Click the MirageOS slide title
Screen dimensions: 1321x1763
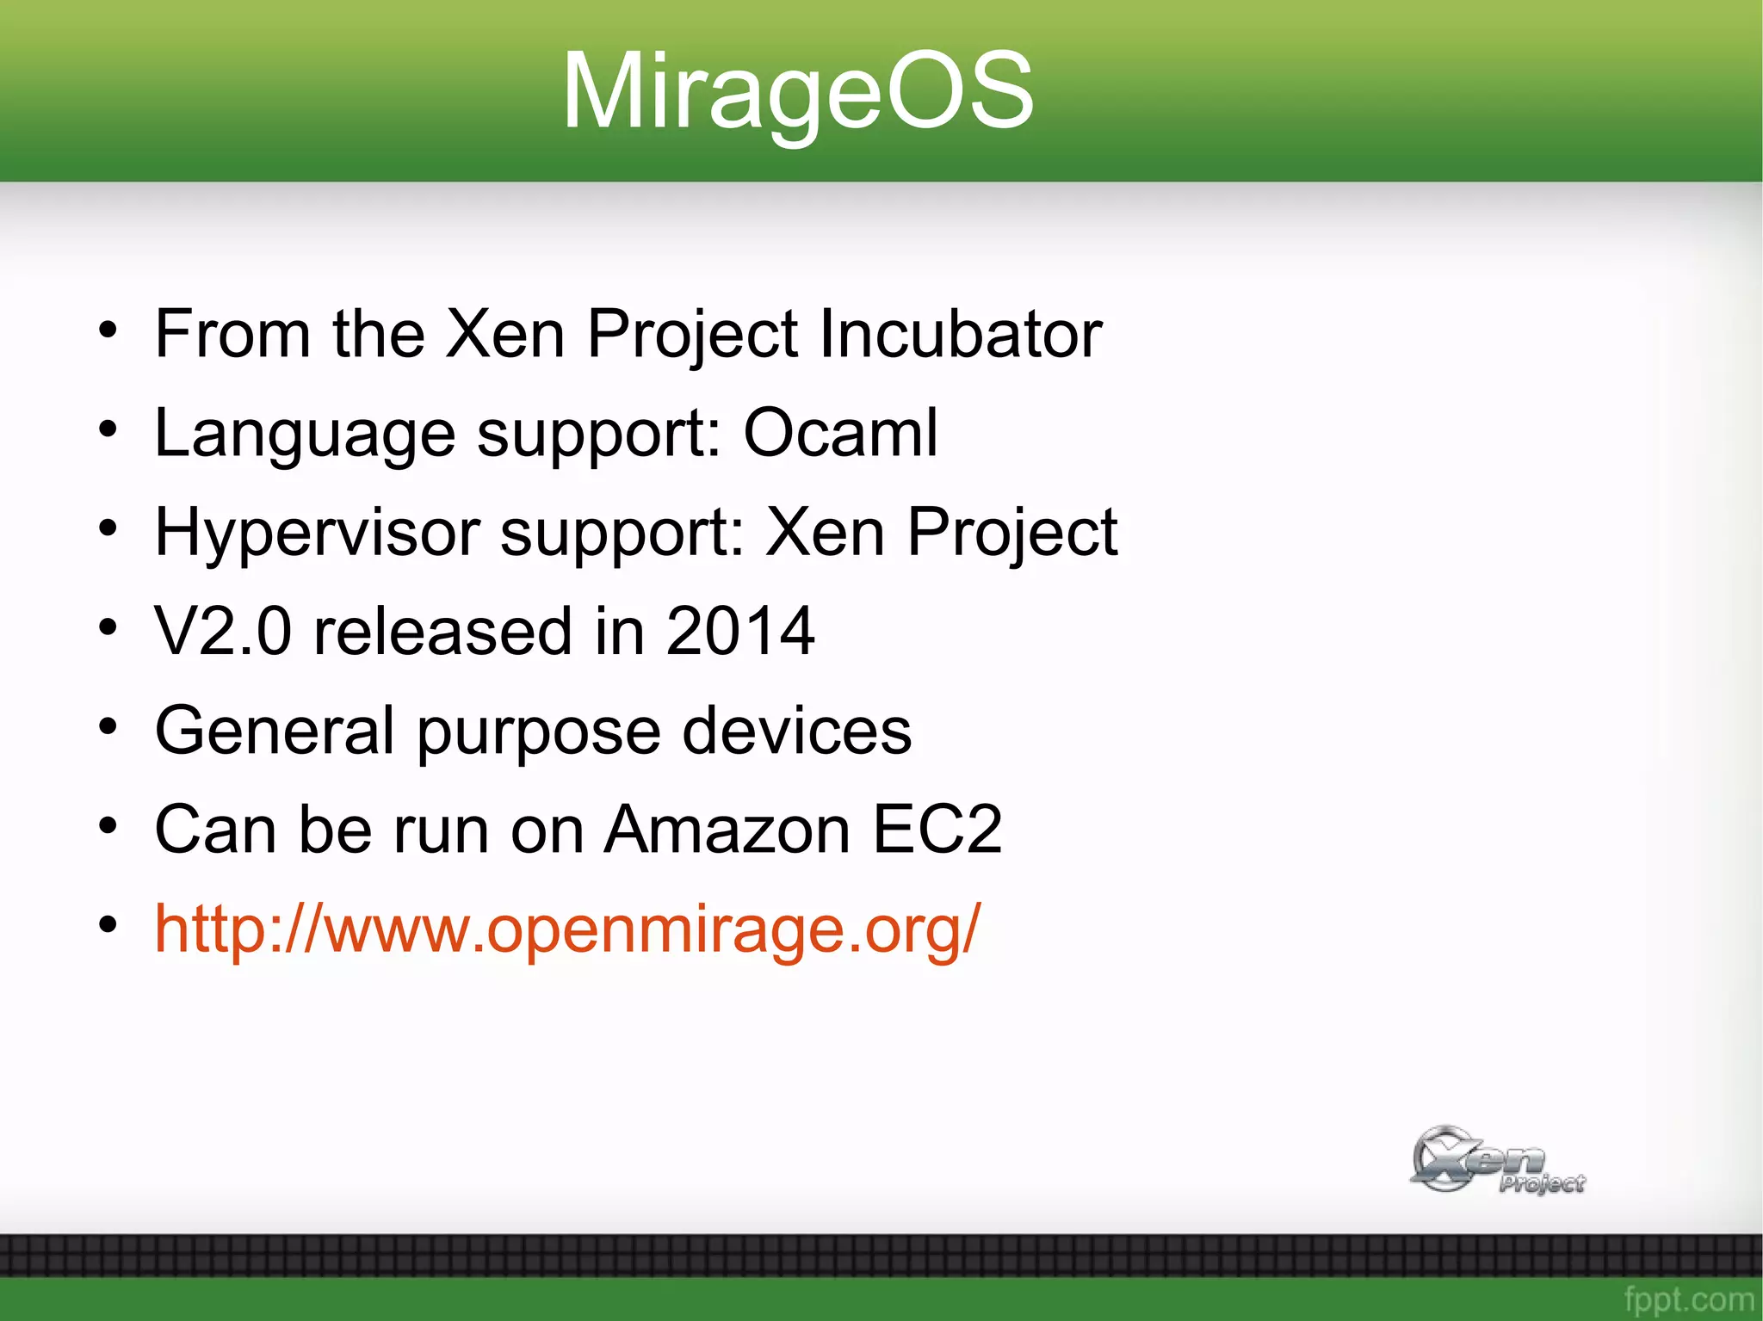797,91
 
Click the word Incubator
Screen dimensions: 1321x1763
960,334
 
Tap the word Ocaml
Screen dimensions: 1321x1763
840,433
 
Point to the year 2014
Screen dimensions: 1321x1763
740,632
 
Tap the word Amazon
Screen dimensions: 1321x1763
727,830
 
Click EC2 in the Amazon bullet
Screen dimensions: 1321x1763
937,830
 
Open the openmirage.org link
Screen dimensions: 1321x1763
567,929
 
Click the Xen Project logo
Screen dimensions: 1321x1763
1496,1160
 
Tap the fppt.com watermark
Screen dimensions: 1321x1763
1688,1299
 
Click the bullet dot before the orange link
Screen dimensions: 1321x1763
108,925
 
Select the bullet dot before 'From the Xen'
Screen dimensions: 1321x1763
108,330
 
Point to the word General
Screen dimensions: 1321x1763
275,731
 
